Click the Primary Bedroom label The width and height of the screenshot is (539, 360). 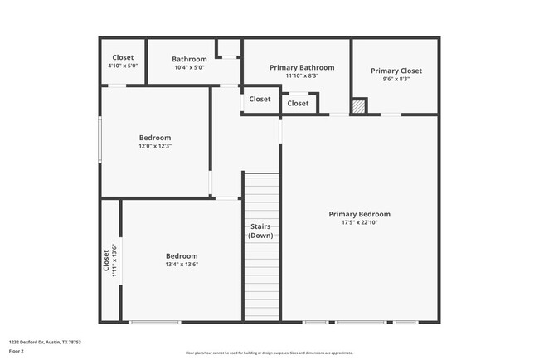(359, 214)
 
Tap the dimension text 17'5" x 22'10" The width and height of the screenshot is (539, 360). (359, 222)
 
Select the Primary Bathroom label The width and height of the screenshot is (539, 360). (302, 67)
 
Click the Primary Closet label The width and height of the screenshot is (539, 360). (396, 71)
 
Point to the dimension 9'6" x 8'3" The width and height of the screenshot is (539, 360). (396, 79)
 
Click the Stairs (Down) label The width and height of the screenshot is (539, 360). (260, 231)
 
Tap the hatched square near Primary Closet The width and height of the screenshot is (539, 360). (358, 106)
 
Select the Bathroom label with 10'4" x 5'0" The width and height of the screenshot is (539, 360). (189, 59)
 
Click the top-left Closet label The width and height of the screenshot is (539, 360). (123, 57)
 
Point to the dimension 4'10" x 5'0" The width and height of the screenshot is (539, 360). (123, 66)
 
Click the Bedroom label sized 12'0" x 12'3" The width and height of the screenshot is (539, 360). (155, 138)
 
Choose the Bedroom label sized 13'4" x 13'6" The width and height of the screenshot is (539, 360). (182, 256)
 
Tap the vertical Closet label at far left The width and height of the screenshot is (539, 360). (106, 260)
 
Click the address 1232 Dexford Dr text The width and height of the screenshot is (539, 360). (45, 341)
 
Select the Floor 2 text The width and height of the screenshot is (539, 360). (17, 351)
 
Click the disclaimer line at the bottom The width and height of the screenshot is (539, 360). (269, 353)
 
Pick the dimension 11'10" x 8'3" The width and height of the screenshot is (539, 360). (302, 75)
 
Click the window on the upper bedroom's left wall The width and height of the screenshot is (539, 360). (100, 139)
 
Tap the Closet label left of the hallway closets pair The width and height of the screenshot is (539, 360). (260, 99)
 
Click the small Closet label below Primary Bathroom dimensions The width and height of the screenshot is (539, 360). (298, 104)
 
